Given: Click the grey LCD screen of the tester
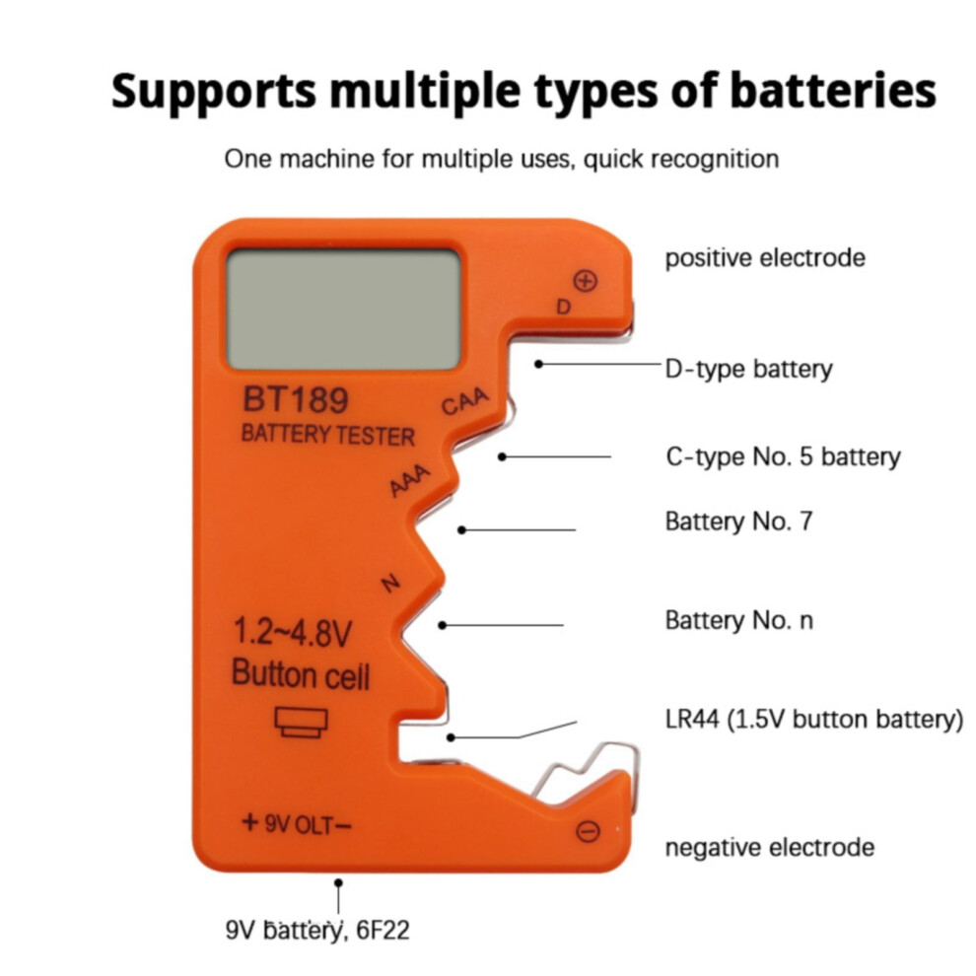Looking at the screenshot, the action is [x=344, y=309].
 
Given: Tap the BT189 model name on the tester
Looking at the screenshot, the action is [x=295, y=399].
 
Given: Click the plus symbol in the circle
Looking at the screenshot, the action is [x=585, y=281].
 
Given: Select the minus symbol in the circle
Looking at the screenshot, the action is [x=588, y=831].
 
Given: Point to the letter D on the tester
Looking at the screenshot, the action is [x=563, y=307].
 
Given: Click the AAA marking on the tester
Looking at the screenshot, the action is [x=409, y=480].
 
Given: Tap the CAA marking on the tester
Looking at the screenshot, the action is [x=465, y=402].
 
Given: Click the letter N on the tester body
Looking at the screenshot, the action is [x=390, y=584].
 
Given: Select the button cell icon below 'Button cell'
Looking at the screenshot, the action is [x=302, y=723].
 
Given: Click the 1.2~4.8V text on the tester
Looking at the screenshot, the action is [x=292, y=632].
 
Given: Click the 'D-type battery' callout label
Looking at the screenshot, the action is [x=748, y=369].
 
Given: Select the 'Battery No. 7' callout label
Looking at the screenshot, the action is [x=738, y=522].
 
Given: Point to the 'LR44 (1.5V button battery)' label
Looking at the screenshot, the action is [x=814, y=720].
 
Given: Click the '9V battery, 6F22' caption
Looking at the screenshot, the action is [x=317, y=931].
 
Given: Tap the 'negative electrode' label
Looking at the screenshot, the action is [x=769, y=847].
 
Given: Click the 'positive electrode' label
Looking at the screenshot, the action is [x=765, y=257].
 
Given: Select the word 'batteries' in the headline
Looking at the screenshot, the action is [x=833, y=91].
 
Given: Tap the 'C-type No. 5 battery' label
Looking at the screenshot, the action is [x=783, y=456].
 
